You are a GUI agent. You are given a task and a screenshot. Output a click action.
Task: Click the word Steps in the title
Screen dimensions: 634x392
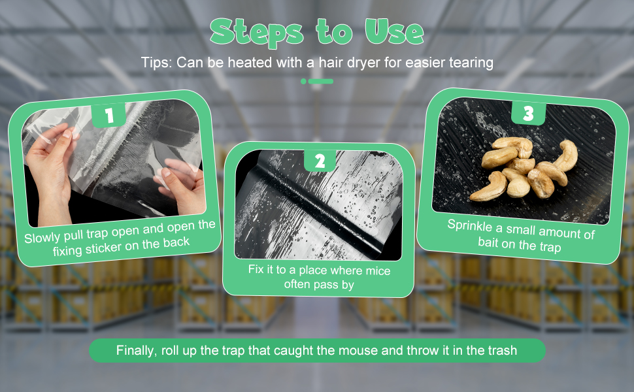click(257, 32)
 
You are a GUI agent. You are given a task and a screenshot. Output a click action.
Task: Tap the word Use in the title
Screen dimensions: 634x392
click(394, 31)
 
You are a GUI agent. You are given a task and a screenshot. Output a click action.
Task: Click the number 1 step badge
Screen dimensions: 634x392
click(108, 116)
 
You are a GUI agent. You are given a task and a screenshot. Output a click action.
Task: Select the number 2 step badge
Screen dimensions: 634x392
click(320, 161)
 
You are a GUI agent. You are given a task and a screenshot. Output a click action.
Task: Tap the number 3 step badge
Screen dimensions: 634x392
click(529, 113)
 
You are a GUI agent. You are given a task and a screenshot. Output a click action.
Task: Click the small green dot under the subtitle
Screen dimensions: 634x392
click(304, 81)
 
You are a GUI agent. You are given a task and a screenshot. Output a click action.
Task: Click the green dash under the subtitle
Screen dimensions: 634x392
click(321, 81)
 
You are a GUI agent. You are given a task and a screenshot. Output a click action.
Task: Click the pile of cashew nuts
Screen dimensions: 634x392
click(524, 169)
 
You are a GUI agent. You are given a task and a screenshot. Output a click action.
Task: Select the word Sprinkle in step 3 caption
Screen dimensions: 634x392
click(469, 225)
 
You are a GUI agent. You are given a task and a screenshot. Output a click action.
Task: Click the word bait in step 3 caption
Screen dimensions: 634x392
click(488, 242)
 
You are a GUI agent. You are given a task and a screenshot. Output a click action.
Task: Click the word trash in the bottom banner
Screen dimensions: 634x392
click(502, 350)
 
